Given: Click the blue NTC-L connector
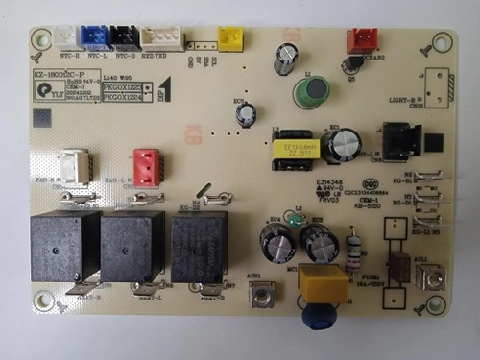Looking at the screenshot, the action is point(96,36).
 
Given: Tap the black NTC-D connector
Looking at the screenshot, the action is point(126,36).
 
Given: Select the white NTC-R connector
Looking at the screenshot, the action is point(67,36).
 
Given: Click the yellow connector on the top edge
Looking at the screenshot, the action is point(230,37).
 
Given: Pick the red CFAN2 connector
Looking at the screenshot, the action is point(362,39).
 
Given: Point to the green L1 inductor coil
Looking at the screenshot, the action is point(312,91).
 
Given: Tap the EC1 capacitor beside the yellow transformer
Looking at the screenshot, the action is point(342,145).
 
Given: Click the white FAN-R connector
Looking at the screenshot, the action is point(74,165).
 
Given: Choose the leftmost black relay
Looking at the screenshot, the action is point(64,246).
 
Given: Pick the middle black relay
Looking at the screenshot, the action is point(132,247).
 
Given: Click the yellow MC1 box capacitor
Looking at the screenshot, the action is point(322,283).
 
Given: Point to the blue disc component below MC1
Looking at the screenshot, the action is point(318,316).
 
